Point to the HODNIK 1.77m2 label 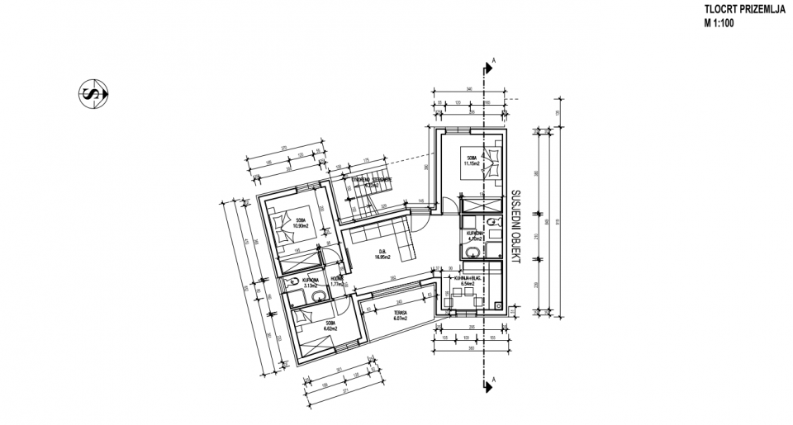click(x=337, y=282)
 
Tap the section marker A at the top click(x=493, y=60)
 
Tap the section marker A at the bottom click(x=493, y=379)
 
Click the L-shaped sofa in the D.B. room click(x=388, y=237)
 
